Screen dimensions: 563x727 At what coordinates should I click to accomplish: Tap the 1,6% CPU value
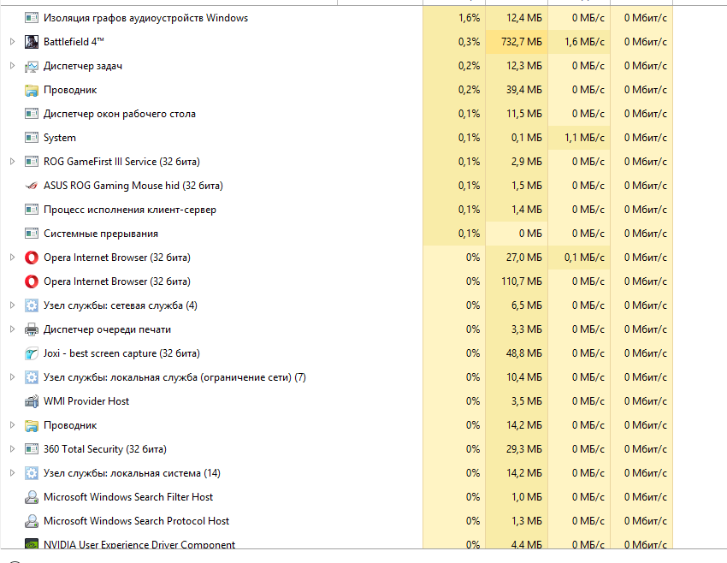click(x=469, y=18)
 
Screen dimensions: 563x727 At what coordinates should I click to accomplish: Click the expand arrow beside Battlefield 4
click(x=12, y=42)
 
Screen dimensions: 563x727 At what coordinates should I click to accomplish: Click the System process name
click(x=60, y=138)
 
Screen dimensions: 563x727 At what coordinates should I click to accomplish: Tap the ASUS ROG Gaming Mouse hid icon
click(x=32, y=186)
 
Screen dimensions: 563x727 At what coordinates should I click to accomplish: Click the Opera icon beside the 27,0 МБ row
click(x=32, y=258)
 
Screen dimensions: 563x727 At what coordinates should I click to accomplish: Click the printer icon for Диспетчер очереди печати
click(x=32, y=329)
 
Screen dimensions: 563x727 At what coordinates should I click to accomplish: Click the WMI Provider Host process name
click(x=86, y=401)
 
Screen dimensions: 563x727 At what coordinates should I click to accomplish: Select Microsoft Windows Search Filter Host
click(x=128, y=497)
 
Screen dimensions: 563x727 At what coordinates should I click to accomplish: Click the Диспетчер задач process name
click(x=82, y=66)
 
